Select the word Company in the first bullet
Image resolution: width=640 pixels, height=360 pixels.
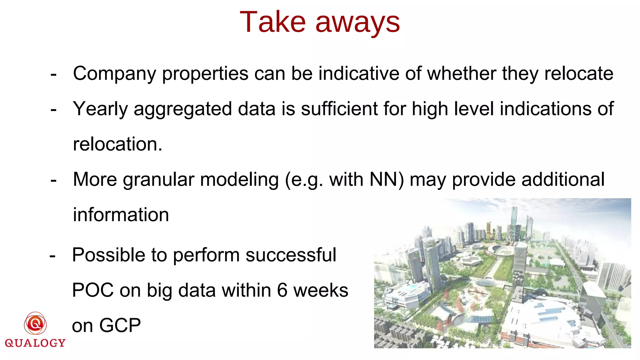(x=114, y=74)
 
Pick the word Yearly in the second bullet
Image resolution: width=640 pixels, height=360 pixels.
(x=100, y=109)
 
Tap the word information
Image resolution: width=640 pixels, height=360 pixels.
(x=121, y=215)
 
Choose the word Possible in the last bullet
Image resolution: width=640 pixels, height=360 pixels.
(x=108, y=255)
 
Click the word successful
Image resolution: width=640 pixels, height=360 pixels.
(x=291, y=255)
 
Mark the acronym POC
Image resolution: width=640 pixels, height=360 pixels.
(x=93, y=290)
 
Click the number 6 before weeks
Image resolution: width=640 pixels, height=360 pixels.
(x=282, y=290)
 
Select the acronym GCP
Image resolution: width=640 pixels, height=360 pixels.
(x=120, y=325)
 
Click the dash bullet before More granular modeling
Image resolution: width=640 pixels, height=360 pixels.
(x=53, y=180)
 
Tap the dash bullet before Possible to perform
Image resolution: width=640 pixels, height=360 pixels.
(x=52, y=256)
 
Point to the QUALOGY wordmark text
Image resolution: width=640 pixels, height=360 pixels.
(x=35, y=343)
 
